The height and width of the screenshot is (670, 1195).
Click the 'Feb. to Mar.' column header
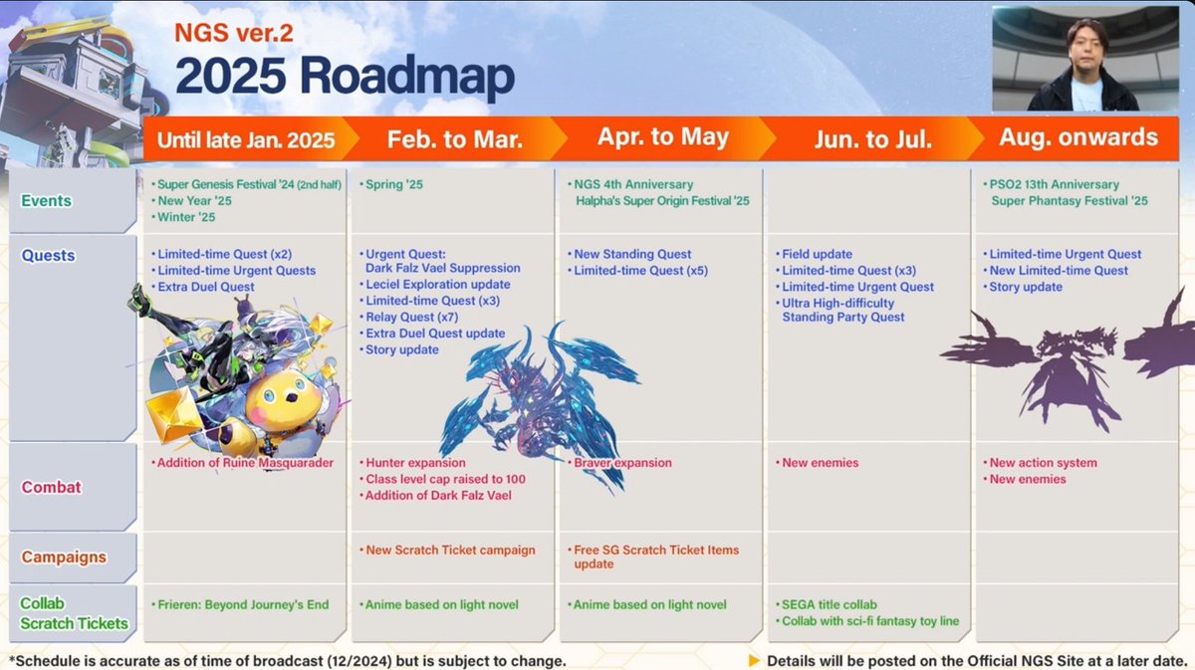tap(454, 139)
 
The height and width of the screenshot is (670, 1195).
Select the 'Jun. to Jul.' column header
tap(872, 139)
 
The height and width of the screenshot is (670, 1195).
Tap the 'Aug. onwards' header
tap(1078, 137)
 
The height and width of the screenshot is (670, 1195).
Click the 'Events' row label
tap(47, 200)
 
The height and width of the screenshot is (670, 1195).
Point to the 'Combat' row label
tap(51, 487)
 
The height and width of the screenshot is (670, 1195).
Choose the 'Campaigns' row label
tap(64, 557)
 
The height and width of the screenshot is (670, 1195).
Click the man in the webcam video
tap(1083, 66)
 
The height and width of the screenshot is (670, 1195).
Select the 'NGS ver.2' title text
tap(234, 33)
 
